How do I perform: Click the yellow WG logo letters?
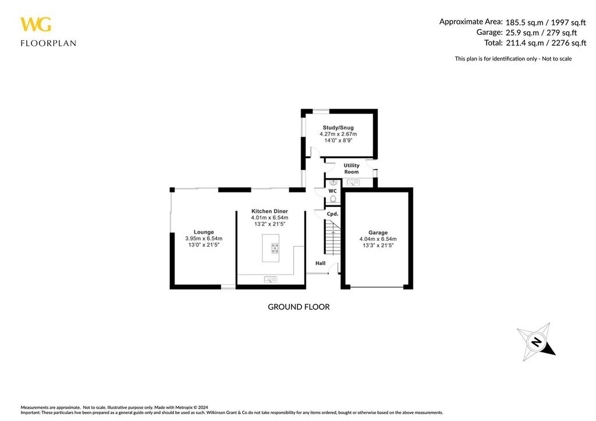pyautogui.click(x=36, y=24)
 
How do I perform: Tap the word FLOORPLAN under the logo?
pyautogui.click(x=48, y=43)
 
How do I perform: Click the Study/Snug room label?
pyautogui.click(x=338, y=127)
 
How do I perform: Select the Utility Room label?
pyautogui.click(x=352, y=169)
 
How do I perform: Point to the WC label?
pyautogui.click(x=332, y=191)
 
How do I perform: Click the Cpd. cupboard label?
pyautogui.click(x=332, y=214)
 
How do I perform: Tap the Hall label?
pyautogui.click(x=320, y=263)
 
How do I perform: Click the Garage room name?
pyautogui.click(x=378, y=232)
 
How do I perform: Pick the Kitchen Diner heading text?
pyautogui.click(x=269, y=211)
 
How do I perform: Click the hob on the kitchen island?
pyautogui.click(x=275, y=248)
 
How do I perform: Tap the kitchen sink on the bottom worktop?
pyautogui.click(x=271, y=280)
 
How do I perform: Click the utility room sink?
pyautogui.click(x=353, y=183)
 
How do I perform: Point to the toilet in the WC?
pyautogui.click(x=333, y=199)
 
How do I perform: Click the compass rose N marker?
pyautogui.click(x=536, y=342)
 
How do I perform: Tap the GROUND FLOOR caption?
pyautogui.click(x=299, y=306)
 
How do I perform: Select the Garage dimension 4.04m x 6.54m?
pyautogui.click(x=378, y=239)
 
